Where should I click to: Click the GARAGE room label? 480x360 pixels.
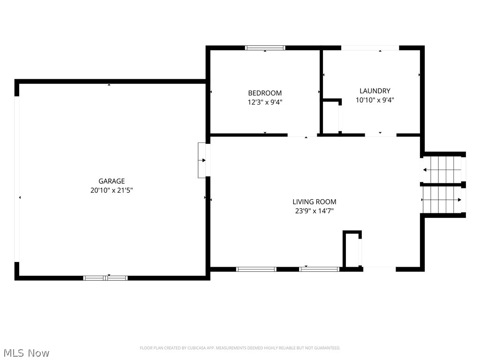[x=112, y=181]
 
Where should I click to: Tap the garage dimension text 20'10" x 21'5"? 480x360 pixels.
[x=112, y=190]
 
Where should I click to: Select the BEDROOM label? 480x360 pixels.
[x=265, y=93]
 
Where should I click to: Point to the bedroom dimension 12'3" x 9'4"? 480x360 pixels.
[x=265, y=102]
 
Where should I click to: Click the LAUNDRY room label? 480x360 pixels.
[x=375, y=91]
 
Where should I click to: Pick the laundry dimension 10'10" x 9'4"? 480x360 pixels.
[x=375, y=100]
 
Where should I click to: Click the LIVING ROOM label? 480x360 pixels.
[x=315, y=202]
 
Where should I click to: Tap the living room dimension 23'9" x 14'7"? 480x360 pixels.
[x=315, y=210]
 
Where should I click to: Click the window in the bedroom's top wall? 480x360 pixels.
[x=265, y=48]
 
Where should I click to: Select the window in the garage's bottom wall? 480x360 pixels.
[x=105, y=278]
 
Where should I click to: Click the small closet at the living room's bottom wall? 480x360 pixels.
[x=352, y=249]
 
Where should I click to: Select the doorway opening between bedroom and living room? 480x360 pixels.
[x=302, y=135]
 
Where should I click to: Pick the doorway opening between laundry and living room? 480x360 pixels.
[x=381, y=135]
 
